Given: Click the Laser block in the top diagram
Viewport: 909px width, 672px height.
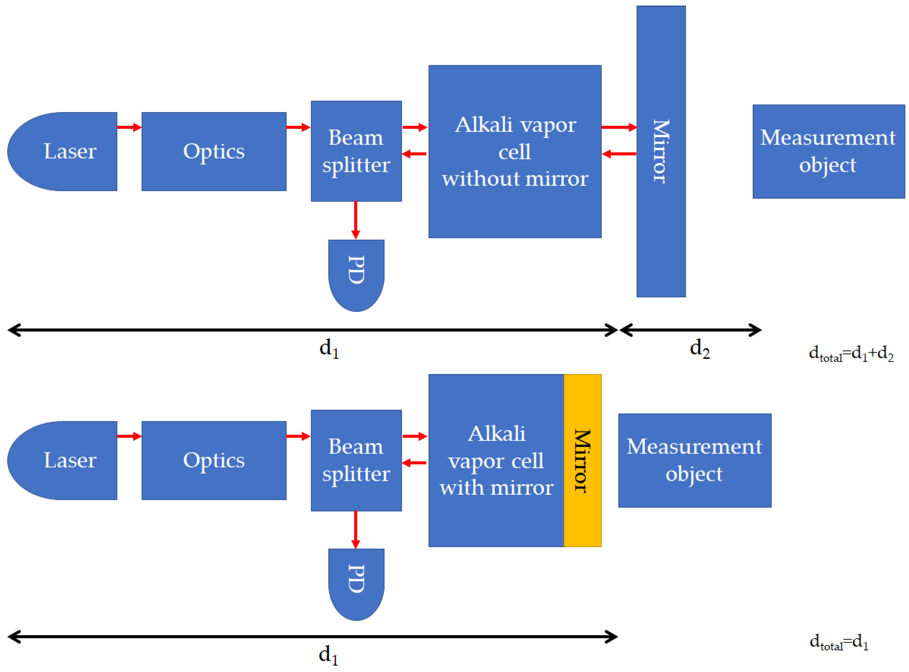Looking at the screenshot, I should point(65,151).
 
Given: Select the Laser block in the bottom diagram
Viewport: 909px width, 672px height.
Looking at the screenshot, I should point(65,460).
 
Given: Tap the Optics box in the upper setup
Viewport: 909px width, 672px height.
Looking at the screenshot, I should point(214,151).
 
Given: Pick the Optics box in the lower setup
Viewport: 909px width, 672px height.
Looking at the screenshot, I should point(214,460).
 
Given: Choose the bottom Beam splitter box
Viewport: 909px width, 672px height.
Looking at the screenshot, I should point(356,460).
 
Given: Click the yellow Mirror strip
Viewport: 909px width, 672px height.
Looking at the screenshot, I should point(582,460).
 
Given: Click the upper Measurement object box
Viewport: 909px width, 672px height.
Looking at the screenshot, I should point(828,151).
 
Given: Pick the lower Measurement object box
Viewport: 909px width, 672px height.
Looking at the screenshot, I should point(695,460).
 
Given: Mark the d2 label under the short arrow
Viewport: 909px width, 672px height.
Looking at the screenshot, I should point(699,349).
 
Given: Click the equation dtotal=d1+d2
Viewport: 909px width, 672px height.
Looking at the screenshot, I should point(851,354).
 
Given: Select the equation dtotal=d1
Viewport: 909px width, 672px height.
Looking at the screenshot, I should point(839,642).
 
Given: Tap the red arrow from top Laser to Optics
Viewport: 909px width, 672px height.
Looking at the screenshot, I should point(129,127).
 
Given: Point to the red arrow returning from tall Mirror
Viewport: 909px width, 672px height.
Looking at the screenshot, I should point(619,154).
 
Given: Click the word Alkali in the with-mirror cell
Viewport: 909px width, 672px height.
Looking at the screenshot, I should point(497,434).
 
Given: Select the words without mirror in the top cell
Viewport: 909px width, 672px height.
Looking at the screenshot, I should point(515,179).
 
